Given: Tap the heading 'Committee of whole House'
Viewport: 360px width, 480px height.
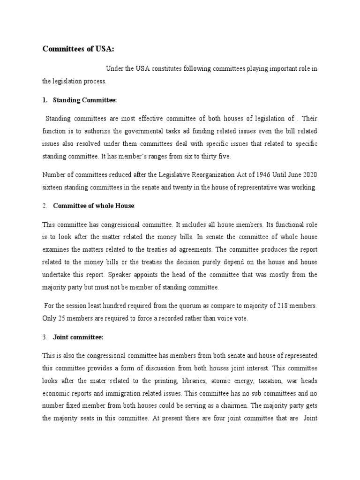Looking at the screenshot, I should coord(94,206).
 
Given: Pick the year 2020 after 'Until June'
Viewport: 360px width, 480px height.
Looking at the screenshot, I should coord(307,175).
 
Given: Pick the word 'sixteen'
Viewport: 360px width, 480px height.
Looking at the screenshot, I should coord(52,187).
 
